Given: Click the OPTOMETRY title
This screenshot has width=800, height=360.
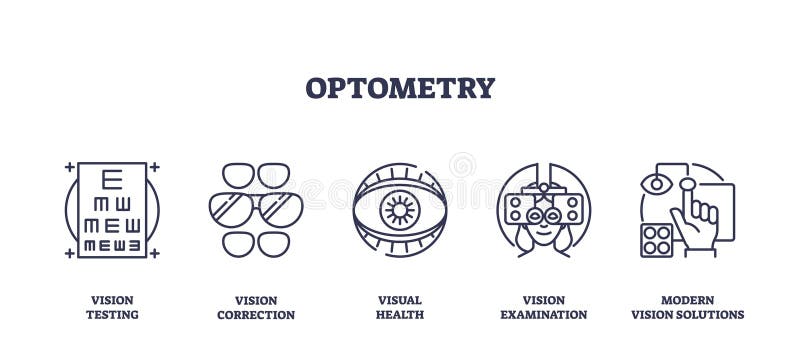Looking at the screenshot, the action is coord(400,88).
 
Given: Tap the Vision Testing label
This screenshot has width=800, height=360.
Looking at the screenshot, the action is coord(112,307).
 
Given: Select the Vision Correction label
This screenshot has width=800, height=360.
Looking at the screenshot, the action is coord(256,307).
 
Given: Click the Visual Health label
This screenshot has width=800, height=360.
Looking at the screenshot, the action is coord(400,307).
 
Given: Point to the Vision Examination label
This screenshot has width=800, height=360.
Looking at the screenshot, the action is coord(544,307).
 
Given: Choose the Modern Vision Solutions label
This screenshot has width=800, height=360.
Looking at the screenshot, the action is coord(688,307).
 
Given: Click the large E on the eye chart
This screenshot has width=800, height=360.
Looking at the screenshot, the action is coord(112,179).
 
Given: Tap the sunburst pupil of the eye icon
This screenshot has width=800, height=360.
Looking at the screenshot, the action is coord(400,210).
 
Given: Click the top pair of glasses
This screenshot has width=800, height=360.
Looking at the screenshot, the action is coord(256,175).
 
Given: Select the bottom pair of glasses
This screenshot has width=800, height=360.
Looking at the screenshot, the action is coord(256,243).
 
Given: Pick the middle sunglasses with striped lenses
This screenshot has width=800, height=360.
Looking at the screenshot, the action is coord(256,209).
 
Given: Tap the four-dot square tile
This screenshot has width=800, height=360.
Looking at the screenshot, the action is coord(657,240).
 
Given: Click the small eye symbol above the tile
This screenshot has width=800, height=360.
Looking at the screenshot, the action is coord(655,184).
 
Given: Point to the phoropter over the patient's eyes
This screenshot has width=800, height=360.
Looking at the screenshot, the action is coord(543,207).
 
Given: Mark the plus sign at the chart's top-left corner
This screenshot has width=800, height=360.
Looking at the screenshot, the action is coord(69,166).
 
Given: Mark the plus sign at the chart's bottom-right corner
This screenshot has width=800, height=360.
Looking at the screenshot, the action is coord(154,253).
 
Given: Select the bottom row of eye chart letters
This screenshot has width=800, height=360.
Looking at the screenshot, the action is coord(112,243).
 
